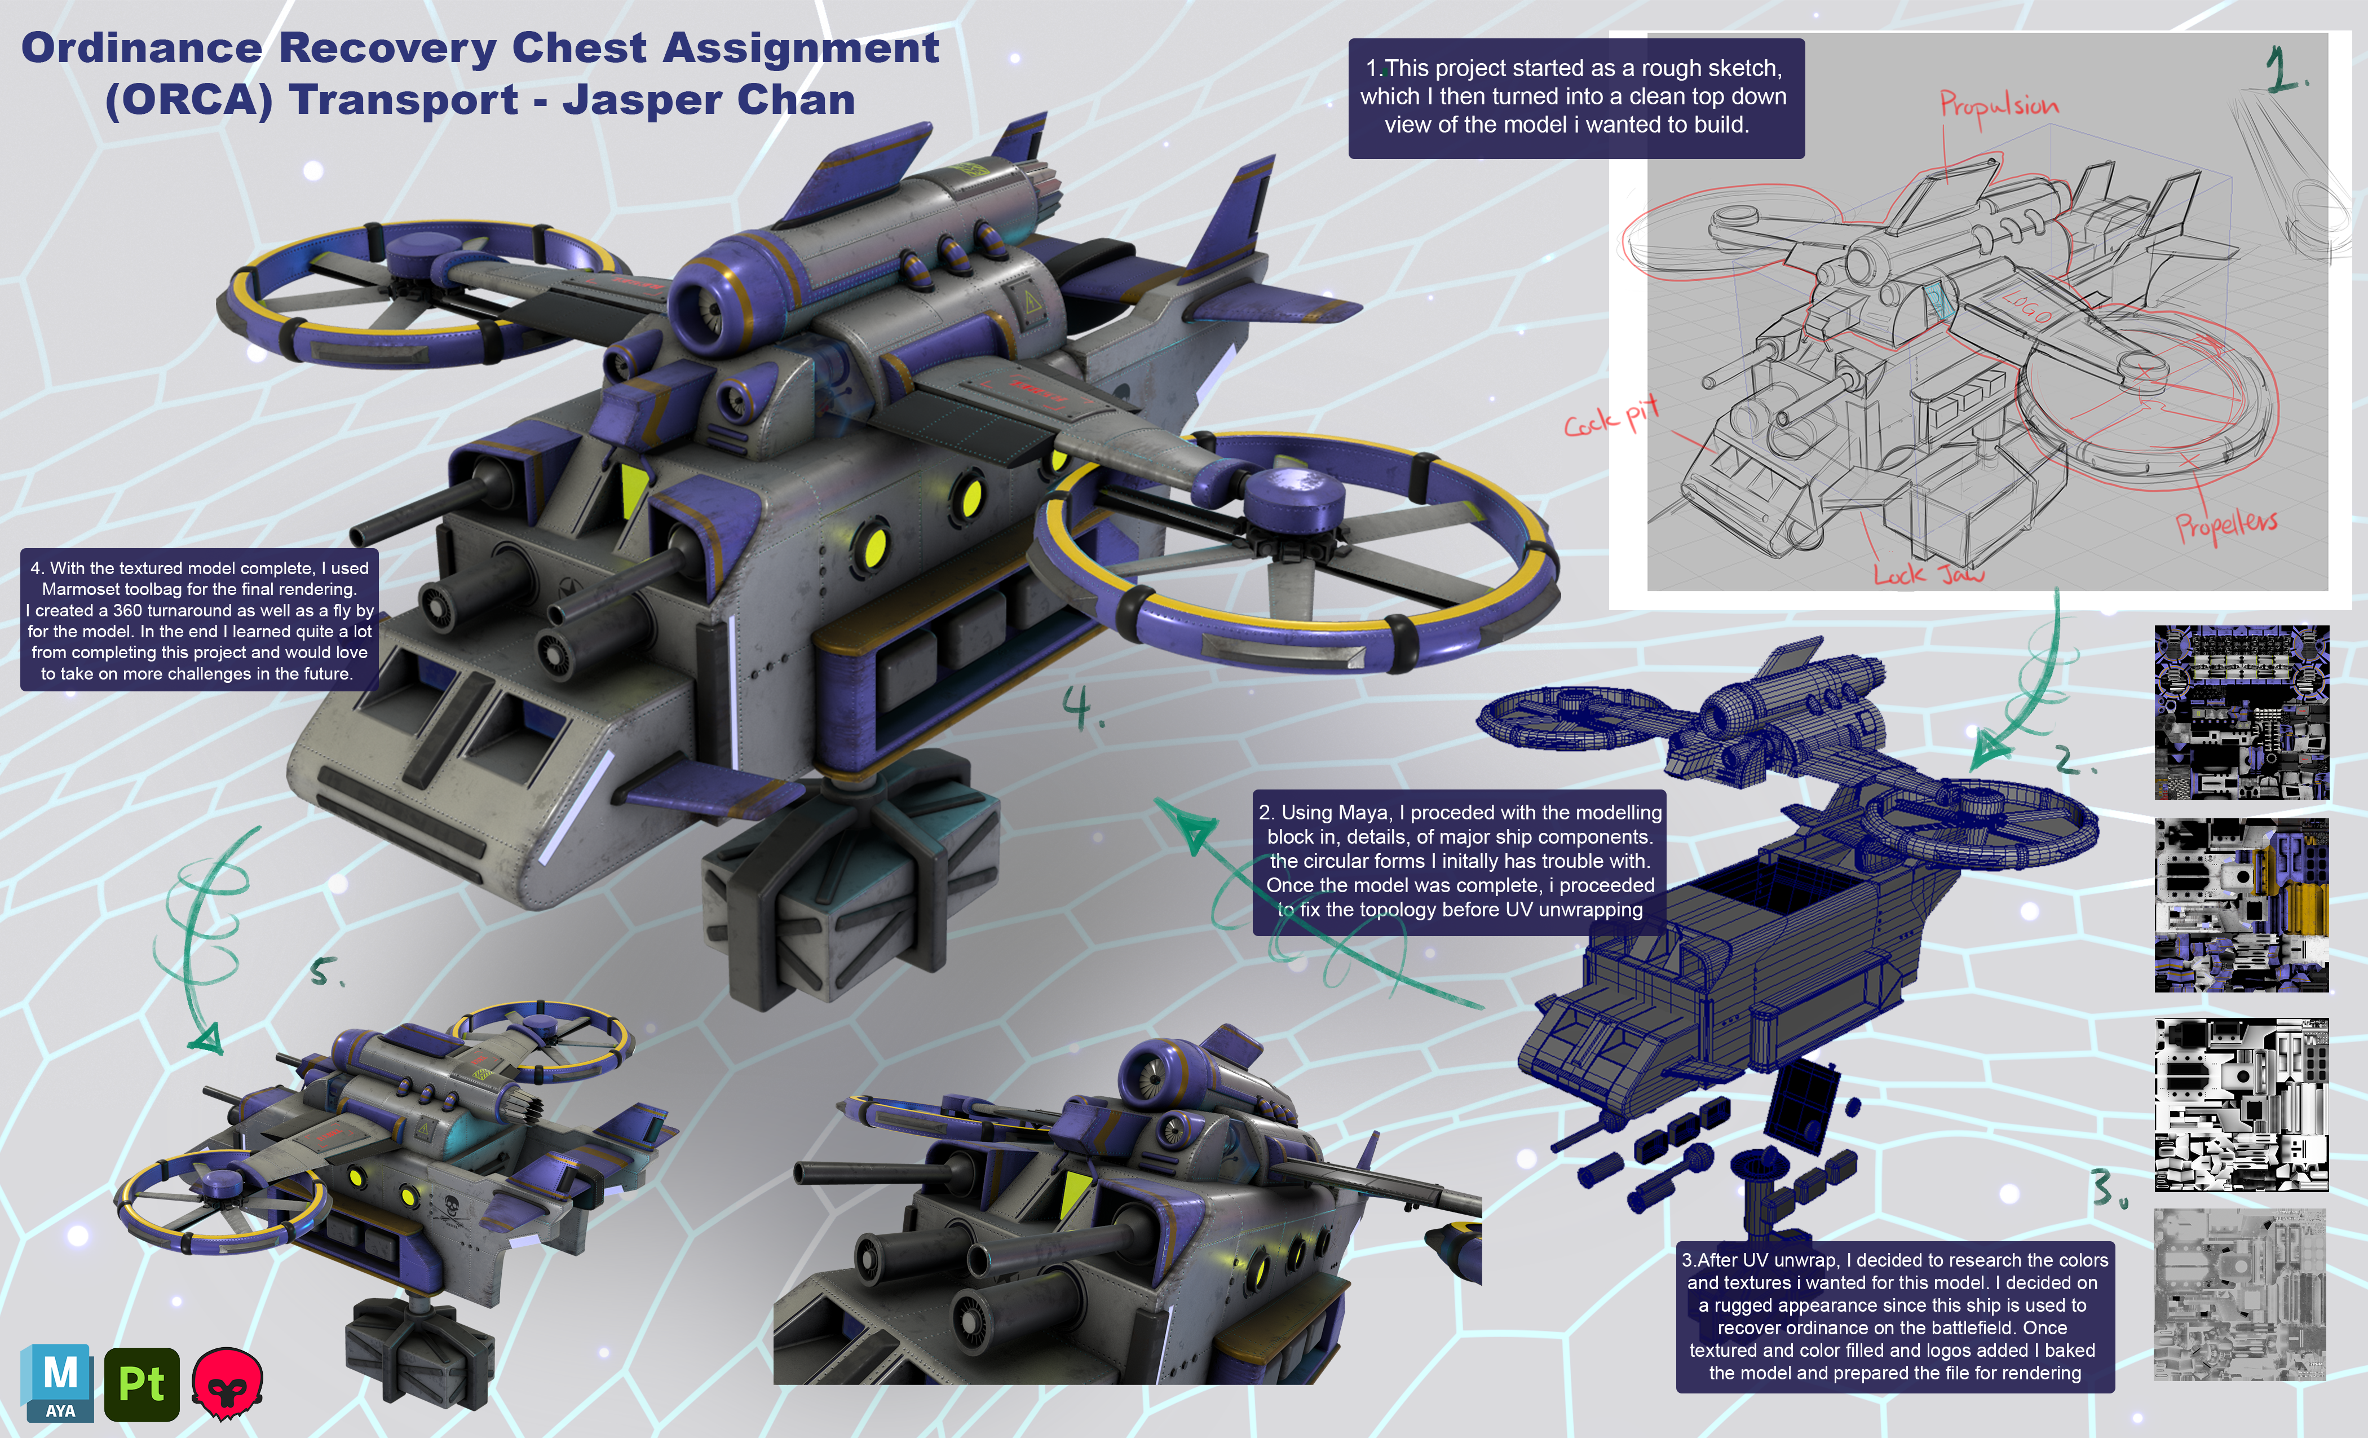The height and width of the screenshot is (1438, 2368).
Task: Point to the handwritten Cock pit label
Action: tap(1612, 417)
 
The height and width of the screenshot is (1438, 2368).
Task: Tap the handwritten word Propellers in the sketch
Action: tap(2226, 525)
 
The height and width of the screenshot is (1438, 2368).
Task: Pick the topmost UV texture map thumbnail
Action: tap(2241, 712)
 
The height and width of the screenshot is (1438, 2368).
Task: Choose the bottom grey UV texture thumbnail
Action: tap(2240, 1295)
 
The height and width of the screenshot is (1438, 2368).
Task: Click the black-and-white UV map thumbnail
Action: tap(2241, 1105)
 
